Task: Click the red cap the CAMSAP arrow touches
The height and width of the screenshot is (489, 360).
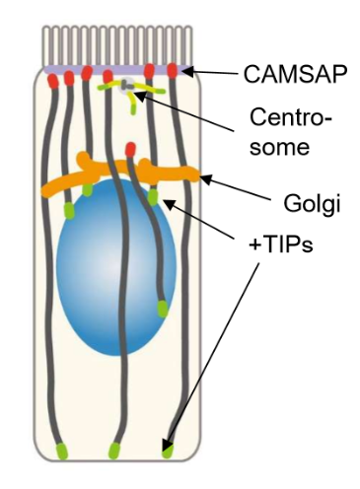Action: pos(175,70)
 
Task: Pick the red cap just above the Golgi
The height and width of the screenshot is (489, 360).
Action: pos(130,149)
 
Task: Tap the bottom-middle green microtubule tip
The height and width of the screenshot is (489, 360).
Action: pos(114,452)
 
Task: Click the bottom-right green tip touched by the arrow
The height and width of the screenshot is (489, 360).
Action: pos(168,452)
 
